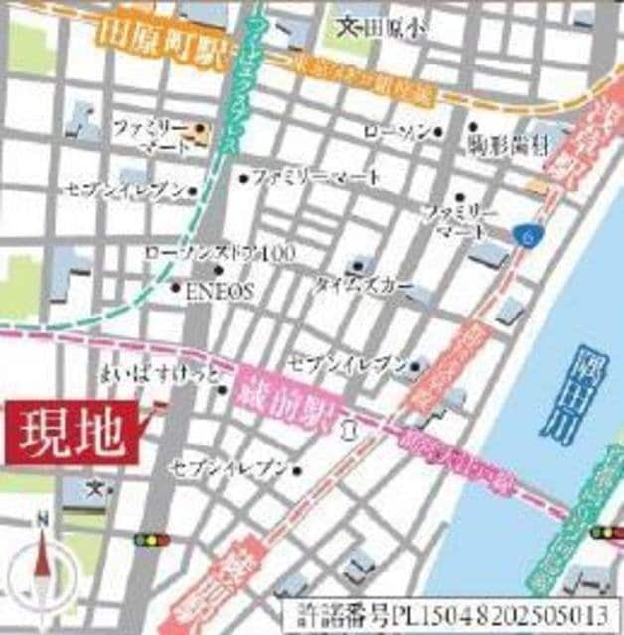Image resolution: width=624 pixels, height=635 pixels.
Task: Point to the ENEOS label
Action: coord(222,290)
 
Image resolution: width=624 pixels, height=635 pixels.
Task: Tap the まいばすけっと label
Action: coord(159,375)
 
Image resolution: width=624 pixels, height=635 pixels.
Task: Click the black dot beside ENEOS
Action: coord(176,289)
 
